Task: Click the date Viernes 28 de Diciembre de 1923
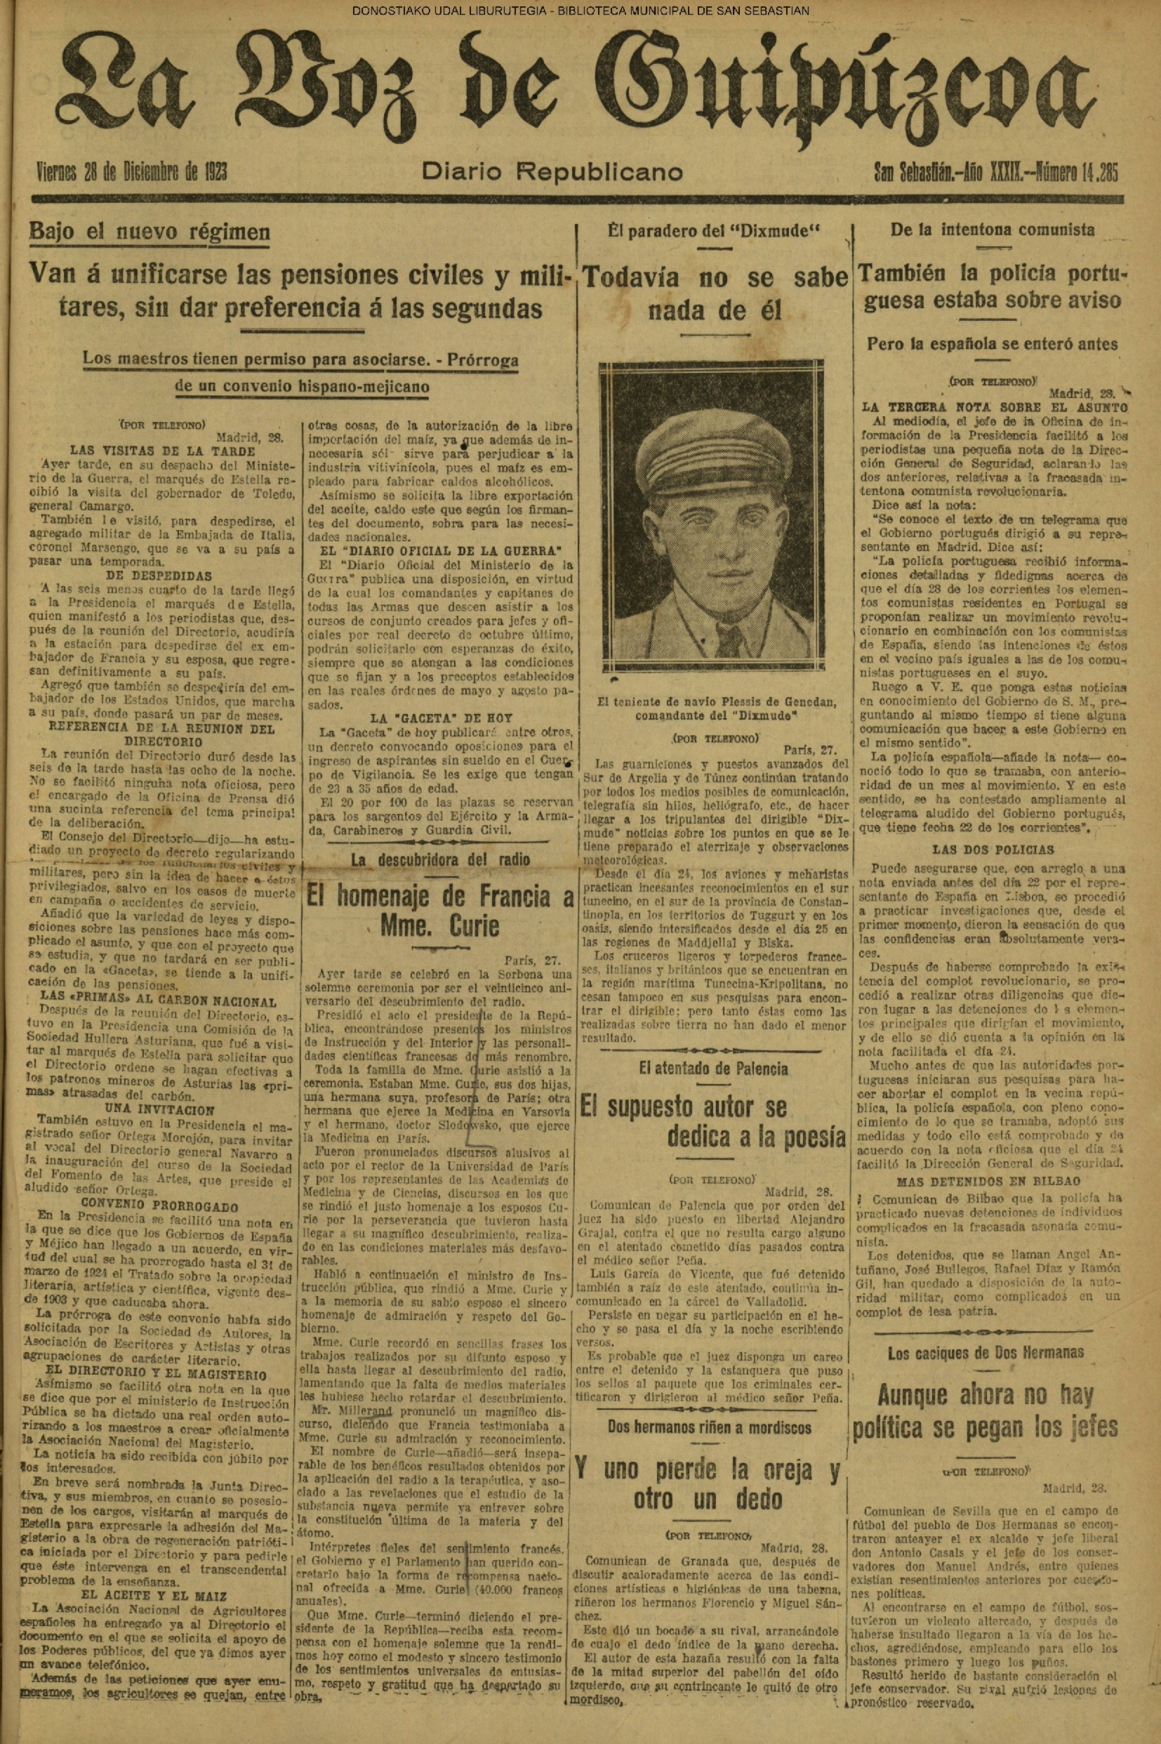[x=132, y=173]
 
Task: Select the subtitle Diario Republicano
[x=552, y=173]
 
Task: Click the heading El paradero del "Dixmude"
[x=714, y=230]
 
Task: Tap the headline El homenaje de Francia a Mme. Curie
[x=440, y=911]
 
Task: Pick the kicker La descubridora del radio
[x=440, y=860]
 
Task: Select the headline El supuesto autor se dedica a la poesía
[x=714, y=1121]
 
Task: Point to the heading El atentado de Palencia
[x=714, y=1069]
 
